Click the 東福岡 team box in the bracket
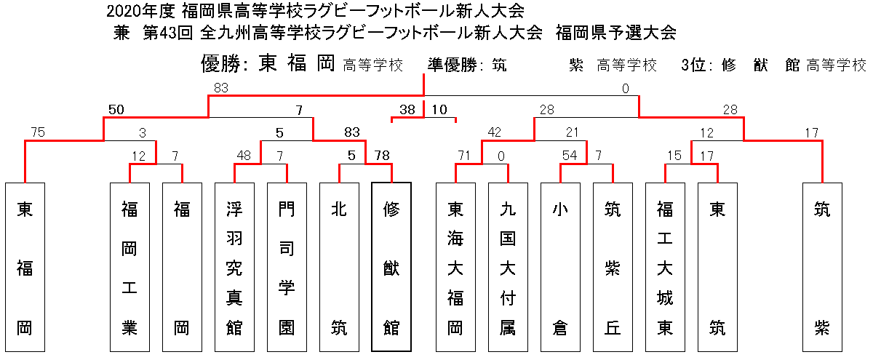click(25, 268)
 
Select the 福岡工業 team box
click(129, 268)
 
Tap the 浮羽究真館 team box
click(234, 268)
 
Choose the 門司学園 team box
click(287, 268)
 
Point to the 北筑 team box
click(339, 268)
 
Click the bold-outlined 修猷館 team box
click(391, 267)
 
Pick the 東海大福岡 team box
click(455, 268)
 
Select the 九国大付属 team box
click(509, 268)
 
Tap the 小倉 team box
click(560, 268)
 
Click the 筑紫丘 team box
click(613, 268)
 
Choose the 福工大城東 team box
click(665, 268)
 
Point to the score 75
click(38, 132)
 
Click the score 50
click(116, 110)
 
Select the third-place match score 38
click(407, 110)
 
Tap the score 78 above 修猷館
click(382, 156)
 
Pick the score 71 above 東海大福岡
click(464, 156)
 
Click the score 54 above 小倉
click(570, 156)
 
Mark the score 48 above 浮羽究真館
click(244, 156)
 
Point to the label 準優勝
click(452, 65)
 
